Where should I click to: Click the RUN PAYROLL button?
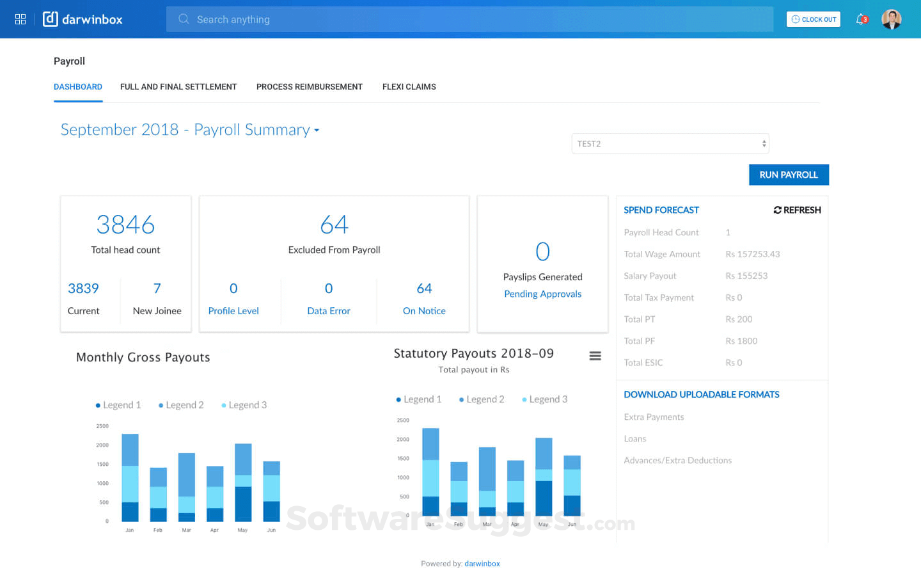pyautogui.click(x=789, y=175)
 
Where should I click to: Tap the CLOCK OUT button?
pyautogui.click(x=814, y=19)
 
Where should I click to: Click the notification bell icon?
pyautogui.click(x=861, y=19)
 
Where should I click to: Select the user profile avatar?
pyautogui.click(x=891, y=19)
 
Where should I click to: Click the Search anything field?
pyautogui.click(x=469, y=19)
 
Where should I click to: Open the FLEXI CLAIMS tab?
pyautogui.click(x=409, y=87)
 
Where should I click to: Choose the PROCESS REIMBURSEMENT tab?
pyautogui.click(x=309, y=87)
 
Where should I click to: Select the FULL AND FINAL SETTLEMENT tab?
pyautogui.click(x=178, y=87)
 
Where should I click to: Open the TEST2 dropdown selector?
pyautogui.click(x=670, y=144)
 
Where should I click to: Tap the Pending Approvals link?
pyautogui.click(x=542, y=294)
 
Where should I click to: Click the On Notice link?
pyautogui.click(x=424, y=311)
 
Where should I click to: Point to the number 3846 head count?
pyautogui.click(x=125, y=225)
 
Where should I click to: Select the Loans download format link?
pyautogui.click(x=634, y=439)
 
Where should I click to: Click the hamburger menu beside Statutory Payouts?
pyautogui.click(x=595, y=356)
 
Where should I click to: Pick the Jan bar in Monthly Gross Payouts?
pyautogui.click(x=130, y=477)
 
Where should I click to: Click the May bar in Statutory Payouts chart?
pyautogui.click(x=544, y=477)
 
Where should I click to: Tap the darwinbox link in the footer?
pyautogui.click(x=482, y=564)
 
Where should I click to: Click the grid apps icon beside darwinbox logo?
pyautogui.click(x=20, y=19)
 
